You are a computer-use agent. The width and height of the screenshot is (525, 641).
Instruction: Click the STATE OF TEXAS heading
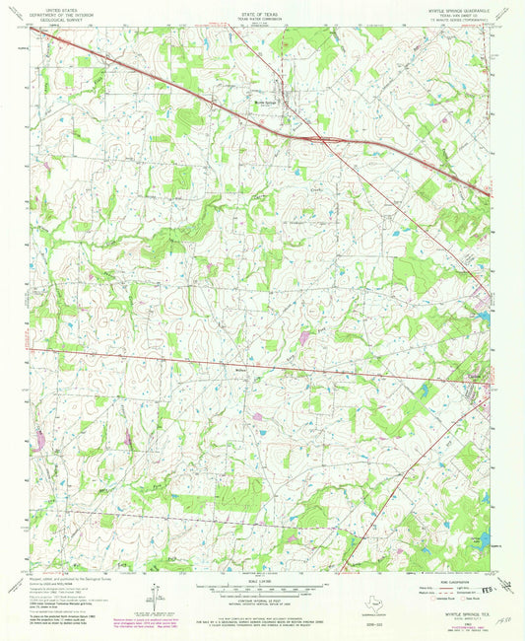click(x=262, y=7)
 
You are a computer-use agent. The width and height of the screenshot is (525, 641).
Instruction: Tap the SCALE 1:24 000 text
click(x=262, y=580)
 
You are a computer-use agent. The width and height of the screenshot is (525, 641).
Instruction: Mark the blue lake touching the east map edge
click(x=484, y=317)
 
